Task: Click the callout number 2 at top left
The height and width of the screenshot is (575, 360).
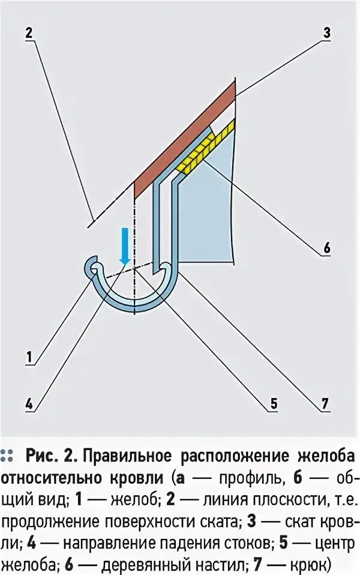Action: click(28, 34)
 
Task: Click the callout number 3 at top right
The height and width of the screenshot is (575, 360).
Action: click(326, 34)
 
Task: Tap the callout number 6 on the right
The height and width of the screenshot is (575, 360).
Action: click(326, 246)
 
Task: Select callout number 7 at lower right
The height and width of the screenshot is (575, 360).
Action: click(325, 403)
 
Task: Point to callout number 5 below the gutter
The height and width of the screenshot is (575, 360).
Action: click(273, 403)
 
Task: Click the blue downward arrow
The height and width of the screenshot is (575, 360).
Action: click(125, 245)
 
